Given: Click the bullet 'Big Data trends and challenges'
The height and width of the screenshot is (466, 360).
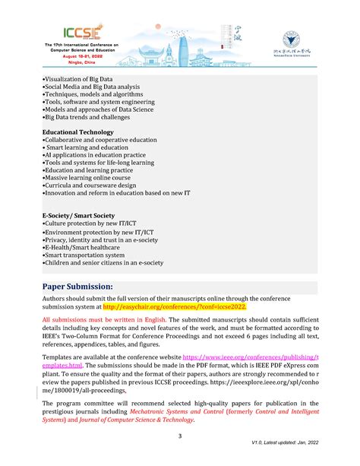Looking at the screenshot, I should [87, 117].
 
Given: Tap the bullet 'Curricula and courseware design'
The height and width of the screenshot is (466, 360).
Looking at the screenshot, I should [90, 185].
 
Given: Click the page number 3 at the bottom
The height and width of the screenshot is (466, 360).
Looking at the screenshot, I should [179, 436].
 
